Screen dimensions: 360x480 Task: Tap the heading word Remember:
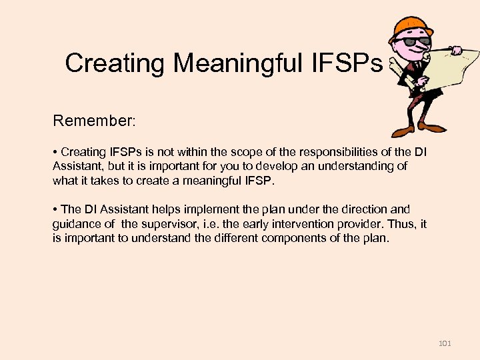click(x=94, y=121)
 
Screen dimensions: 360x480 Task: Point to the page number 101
click(x=445, y=343)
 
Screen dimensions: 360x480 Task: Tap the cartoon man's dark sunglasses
click(x=408, y=41)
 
